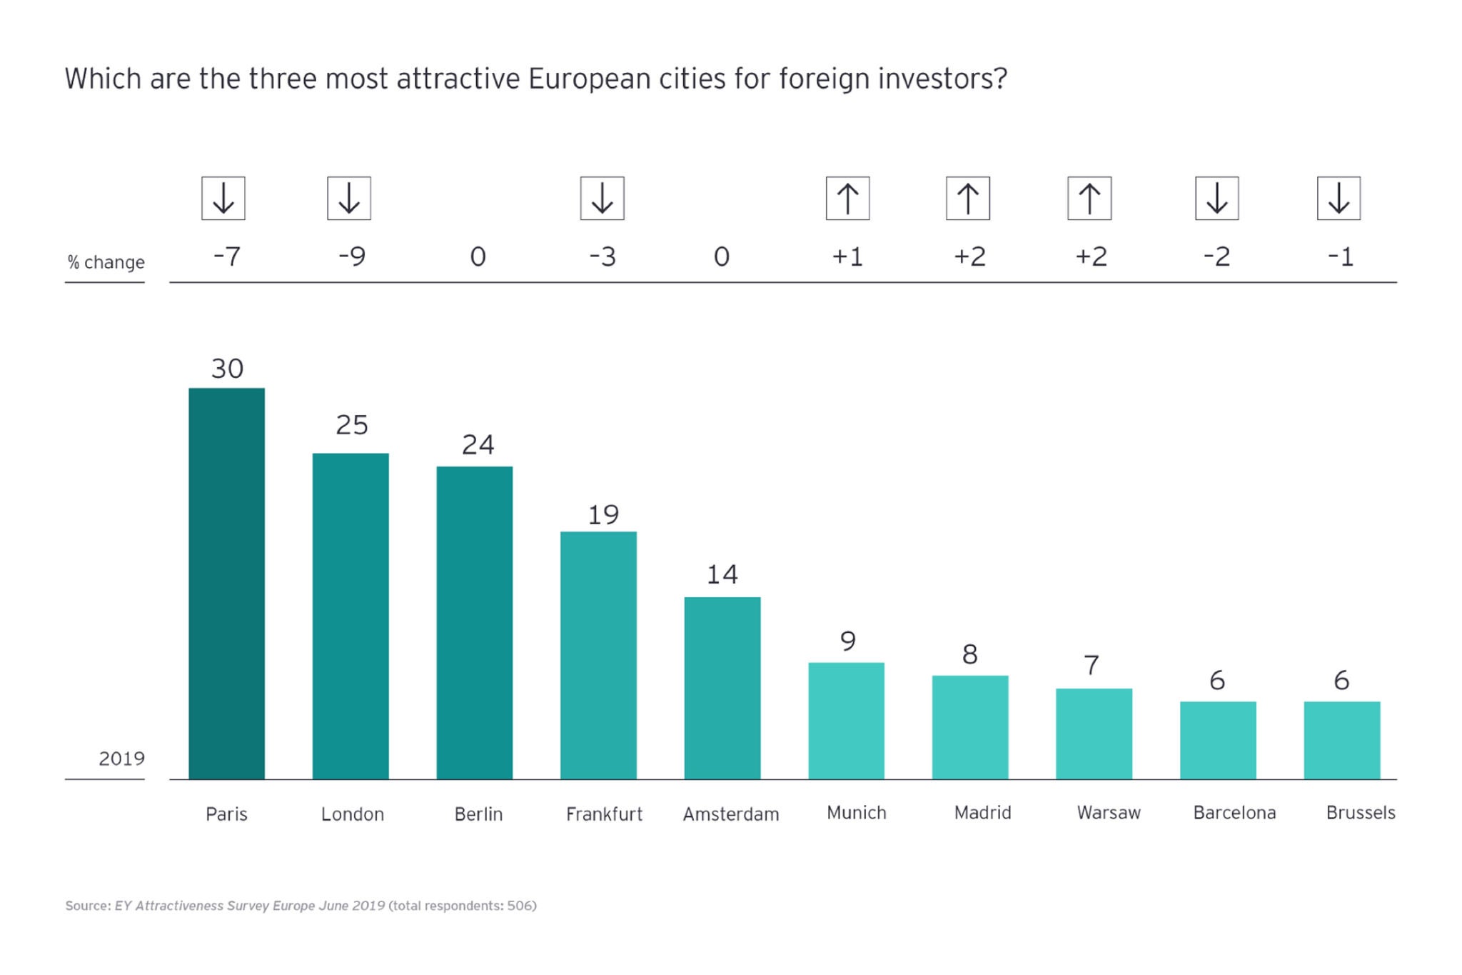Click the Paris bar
(x=226, y=583)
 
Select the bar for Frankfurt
(x=598, y=655)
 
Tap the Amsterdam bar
(x=722, y=688)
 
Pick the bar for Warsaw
(x=1094, y=734)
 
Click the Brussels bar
(x=1341, y=740)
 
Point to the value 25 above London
(x=352, y=426)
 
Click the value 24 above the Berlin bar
(x=478, y=445)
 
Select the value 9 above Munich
(x=847, y=641)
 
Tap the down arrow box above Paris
(x=223, y=198)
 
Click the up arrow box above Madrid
(x=968, y=198)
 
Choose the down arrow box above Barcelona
(x=1216, y=198)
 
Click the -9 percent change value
(x=352, y=256)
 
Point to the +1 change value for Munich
(x=847, y=256)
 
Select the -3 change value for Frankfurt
(x=603, y=256)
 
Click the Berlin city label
(x=478, y=814)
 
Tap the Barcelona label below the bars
(x=1234, y=813)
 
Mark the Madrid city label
(x=982, y=813)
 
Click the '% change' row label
(x=106, y=262)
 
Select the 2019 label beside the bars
(x=121, y=759)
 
